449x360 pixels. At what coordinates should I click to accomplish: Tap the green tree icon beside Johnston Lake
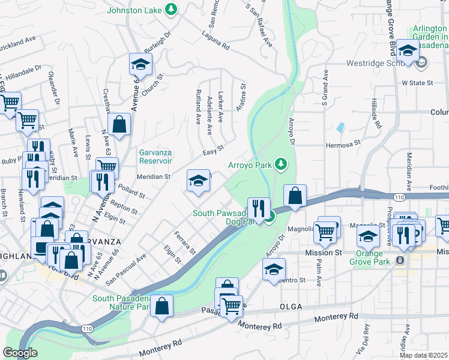point(172,10)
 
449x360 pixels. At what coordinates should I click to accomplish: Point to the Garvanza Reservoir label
point(156,157)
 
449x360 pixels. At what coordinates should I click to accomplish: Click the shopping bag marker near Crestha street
point(120,125)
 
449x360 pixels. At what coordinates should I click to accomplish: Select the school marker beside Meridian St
point(198,181)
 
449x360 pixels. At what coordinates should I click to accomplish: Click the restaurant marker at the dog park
point(259,208)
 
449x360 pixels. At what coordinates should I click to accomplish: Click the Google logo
point(20,353)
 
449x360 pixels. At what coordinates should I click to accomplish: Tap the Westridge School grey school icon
point(422,62)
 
